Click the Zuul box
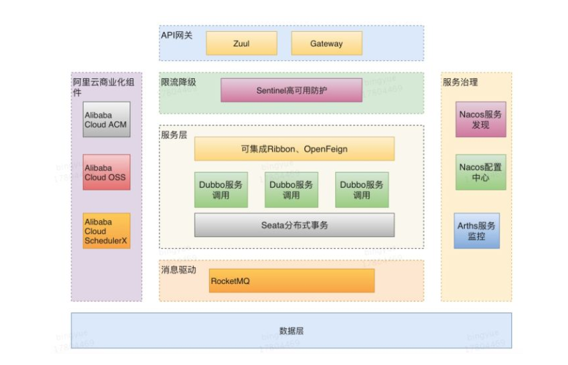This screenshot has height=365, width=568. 242,44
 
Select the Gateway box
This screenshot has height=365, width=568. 326,44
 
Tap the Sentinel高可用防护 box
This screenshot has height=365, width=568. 292,90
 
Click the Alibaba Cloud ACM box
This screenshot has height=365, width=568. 106,119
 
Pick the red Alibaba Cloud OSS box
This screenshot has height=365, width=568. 106,172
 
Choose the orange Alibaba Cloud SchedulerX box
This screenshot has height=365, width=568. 106,231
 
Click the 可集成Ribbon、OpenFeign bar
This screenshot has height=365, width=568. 294,149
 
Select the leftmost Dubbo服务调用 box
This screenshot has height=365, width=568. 221,190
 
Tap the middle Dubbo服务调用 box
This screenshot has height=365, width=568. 292,190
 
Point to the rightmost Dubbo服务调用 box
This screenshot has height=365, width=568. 362,190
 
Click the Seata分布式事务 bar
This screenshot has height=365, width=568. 294,225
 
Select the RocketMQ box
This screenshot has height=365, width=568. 292,281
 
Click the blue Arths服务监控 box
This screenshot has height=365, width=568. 477,231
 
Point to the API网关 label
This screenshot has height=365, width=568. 177,34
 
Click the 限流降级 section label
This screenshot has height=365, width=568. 179,82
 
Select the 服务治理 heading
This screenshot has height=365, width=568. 461,82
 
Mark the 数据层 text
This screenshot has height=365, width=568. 291,330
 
